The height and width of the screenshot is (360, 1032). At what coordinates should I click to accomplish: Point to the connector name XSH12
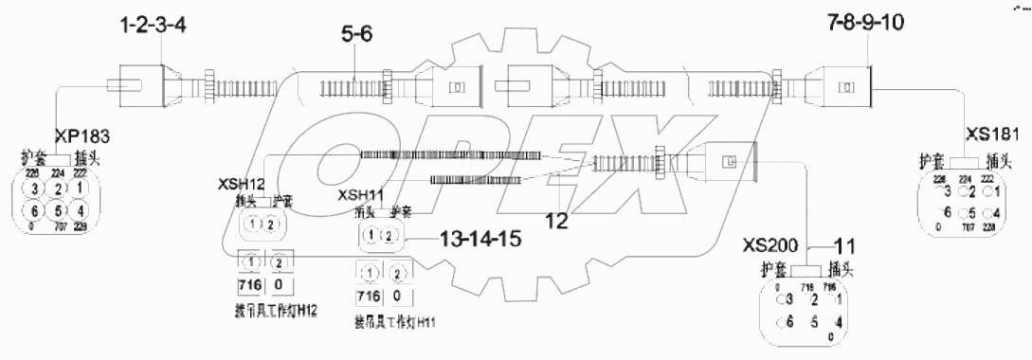(242, 181)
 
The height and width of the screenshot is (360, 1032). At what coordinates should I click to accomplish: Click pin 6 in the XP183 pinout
(32, 211)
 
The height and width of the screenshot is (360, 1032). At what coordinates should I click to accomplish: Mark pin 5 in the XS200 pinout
(813, 322)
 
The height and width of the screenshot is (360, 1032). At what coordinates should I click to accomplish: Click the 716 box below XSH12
(250, 285)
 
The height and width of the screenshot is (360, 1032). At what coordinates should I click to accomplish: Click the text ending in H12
(266, 309)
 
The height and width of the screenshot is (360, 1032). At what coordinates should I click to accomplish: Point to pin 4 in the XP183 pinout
(80, 211)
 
